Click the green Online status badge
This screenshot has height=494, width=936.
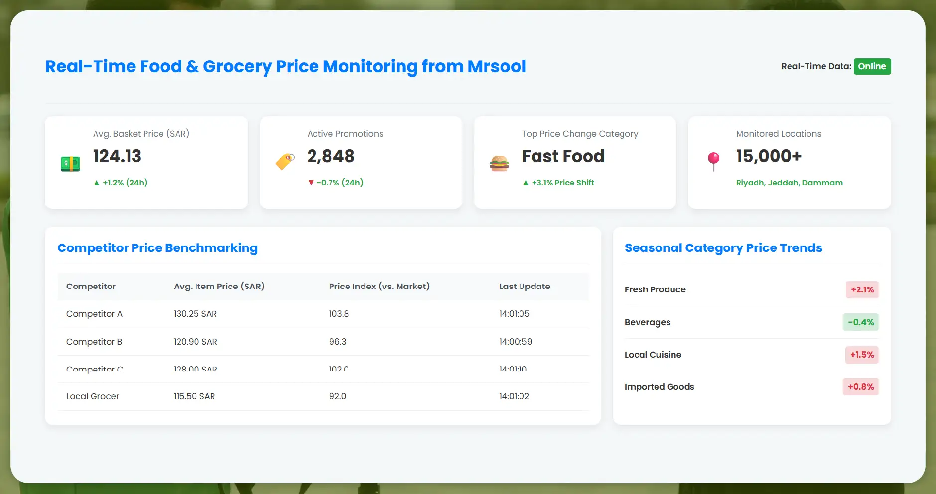tap(872, 66)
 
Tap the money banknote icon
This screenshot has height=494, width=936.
tap(70, 164)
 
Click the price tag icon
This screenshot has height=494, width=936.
tap(285, 161)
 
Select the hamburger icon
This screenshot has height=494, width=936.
tap(499, 163)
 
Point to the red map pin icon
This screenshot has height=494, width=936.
tap(713, 161)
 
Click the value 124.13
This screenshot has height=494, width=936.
tap(117, 156)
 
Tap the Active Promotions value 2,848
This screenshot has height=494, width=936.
tap(331, 156)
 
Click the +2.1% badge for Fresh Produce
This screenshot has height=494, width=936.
tap(862, 290)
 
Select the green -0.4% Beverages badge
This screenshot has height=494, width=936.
tap(861, 322)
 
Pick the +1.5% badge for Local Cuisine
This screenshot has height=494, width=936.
tap(862, 355)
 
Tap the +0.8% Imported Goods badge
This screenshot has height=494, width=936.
tap(861, 387)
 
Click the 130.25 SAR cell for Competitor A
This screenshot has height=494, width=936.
tap(195, 314)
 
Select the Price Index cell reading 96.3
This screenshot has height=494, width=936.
tap(338, 342)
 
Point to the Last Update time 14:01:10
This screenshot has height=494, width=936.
tap(513, 369)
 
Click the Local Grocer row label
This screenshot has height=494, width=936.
tap(93, 396)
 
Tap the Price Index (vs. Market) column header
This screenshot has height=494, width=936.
tap(379, 286)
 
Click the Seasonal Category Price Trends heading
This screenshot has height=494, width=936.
tap(723, 248)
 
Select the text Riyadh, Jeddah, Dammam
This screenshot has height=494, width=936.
tap(789, 183)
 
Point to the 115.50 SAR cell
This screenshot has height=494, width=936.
tap(194, 396)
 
